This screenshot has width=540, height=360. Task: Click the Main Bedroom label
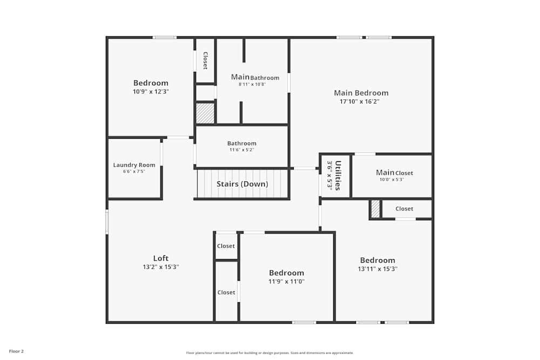point(361,93)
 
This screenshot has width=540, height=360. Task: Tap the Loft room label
point(161,258)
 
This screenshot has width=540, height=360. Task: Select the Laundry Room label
point(134,165)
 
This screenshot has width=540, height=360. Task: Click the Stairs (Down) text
point(242,184)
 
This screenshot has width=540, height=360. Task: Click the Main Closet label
point(394,173)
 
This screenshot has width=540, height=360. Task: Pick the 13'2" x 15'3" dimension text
point(160,267)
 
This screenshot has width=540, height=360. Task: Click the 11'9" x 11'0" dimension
point(286,281)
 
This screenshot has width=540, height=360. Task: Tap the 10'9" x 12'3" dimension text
point(151,92)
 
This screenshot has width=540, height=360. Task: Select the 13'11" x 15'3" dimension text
point(377,269)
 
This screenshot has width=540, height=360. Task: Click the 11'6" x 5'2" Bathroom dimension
point(241,150)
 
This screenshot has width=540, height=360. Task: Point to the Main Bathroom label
point(255,77)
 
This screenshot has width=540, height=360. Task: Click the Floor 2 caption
point(16,351)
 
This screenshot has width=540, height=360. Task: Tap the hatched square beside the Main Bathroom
point(205,113)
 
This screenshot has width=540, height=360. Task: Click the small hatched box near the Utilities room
point(375,209)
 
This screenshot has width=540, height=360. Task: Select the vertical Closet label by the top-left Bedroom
point(205,60)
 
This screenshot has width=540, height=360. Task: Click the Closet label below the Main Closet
point(404,209)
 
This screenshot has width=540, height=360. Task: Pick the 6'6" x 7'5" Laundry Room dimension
point(134,172)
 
